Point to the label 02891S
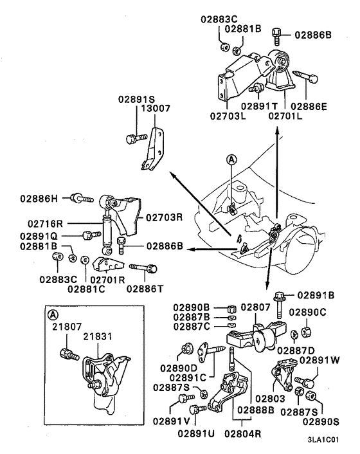point(137,99)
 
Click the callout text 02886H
point(40,198)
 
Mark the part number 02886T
point(145,288)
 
